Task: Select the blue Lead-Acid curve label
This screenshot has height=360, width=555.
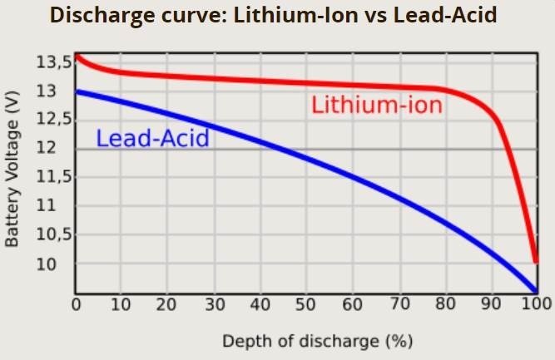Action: [x=151, y=138]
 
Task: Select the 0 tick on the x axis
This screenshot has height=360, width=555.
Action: [x=76, y=305]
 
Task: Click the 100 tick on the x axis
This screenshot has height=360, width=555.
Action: [x=533, y=305]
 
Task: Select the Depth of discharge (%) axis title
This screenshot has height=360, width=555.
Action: [x=316, y=341]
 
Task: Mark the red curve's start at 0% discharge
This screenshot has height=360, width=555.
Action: [x=77, y=56]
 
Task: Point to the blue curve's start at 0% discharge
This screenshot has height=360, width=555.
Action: [x=77, y=91]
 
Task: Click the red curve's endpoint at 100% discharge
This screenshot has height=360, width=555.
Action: [x=535, y=262]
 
